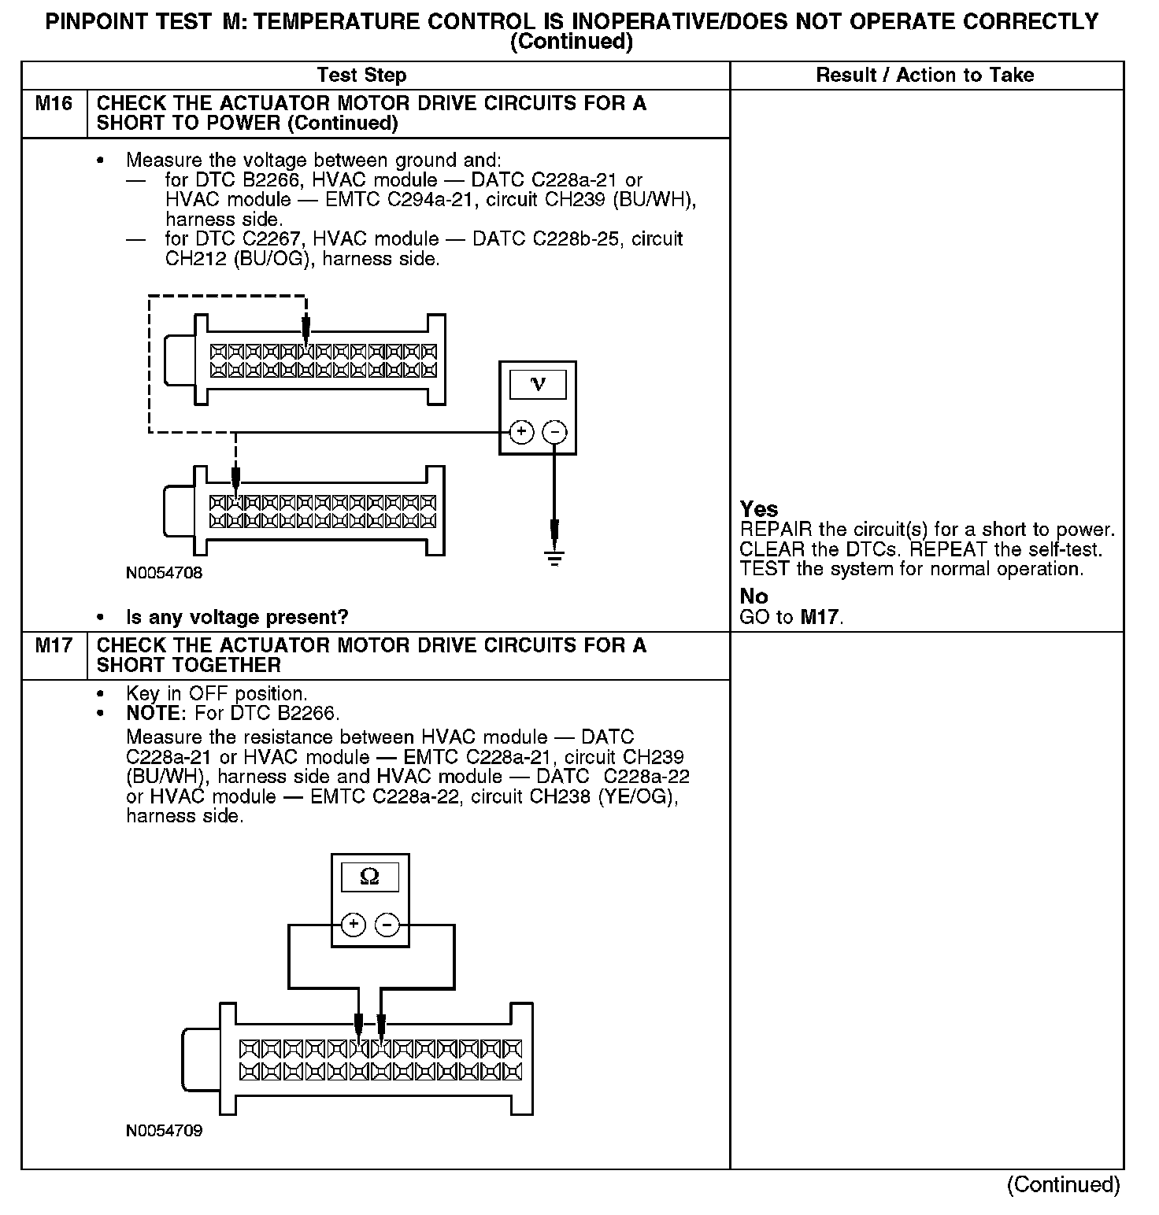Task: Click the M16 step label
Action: [54, 104]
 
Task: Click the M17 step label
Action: [54, 646]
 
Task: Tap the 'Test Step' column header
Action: [361, 76]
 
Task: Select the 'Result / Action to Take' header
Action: [925, 76]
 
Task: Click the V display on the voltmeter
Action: [538, 384]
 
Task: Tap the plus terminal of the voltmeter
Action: [521, 432]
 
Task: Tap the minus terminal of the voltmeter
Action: [555, 432]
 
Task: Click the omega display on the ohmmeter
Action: [369, 877]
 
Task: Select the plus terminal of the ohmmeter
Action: [354, 925]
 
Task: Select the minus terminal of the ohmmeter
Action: [387, 925]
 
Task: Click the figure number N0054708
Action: [164, 573]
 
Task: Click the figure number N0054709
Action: [164, 1131]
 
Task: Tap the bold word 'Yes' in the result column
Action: [759, 509]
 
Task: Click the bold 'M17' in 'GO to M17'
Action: [820, 617]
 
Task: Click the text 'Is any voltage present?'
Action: [237, 617]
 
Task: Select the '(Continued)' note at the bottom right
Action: [1063, 1185]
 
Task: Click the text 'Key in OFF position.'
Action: [217, 694]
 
